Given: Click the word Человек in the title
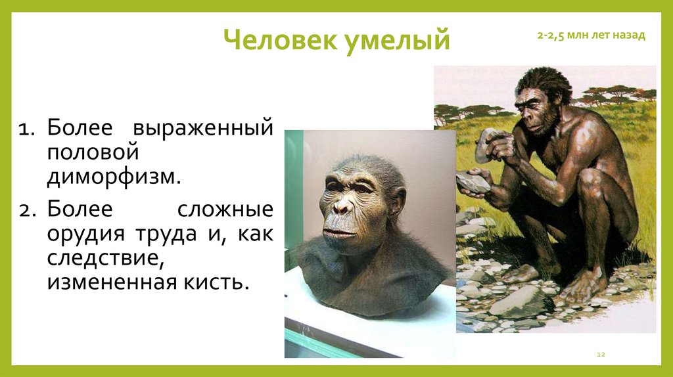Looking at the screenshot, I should [279, 41].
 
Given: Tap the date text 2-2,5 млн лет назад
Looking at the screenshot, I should [591, 35].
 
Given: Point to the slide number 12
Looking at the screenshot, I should [600, 355].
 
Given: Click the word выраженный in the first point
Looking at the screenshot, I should [204, 127].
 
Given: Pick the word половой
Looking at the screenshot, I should [93, 151].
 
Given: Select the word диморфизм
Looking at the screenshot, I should [113, 177].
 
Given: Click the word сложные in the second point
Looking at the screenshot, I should [224, 210].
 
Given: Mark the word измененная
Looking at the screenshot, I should [107, 283].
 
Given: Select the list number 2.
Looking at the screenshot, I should [26, 211].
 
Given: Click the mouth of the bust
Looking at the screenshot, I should [338, 233].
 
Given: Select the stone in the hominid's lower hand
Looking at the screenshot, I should [472, 183].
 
